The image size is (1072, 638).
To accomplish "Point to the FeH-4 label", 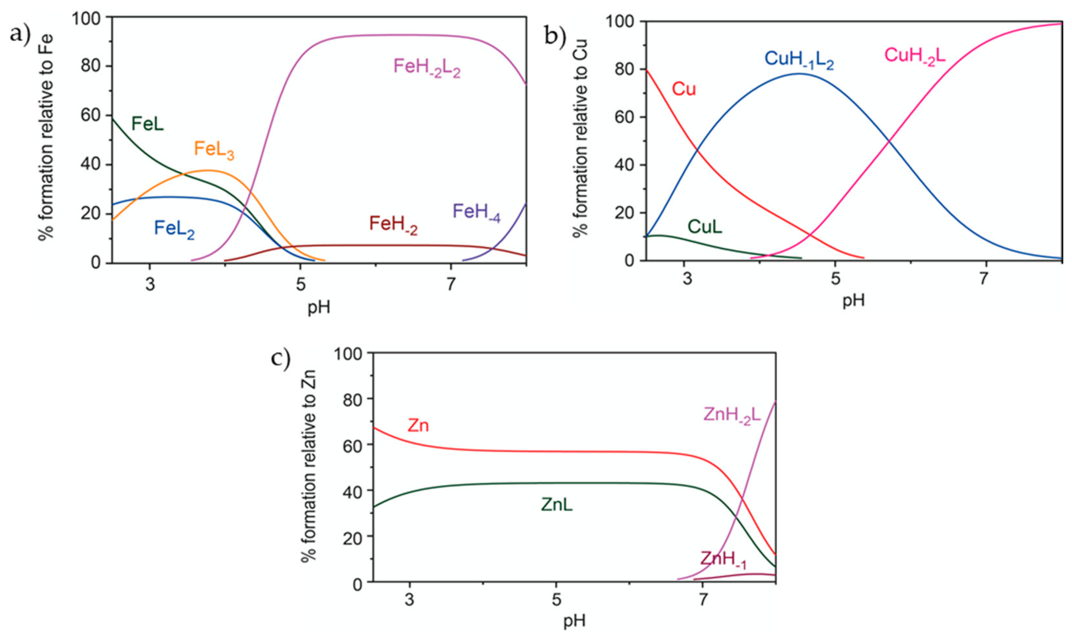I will point(476,213).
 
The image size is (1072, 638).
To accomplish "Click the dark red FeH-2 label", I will point(393,225).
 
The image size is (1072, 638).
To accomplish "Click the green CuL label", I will point(705,227).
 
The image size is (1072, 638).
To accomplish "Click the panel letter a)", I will point(20,34).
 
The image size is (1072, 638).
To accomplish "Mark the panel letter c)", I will point(280,358).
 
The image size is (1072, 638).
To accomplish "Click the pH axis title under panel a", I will point(319,308).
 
